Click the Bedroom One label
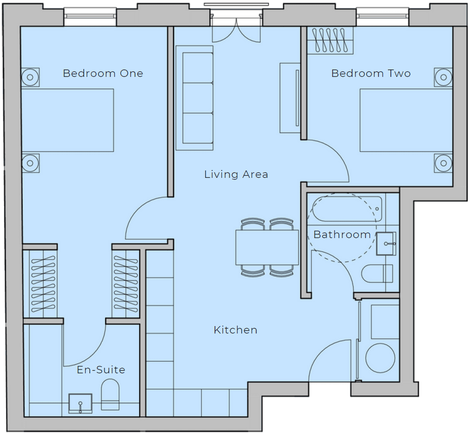point(103,73)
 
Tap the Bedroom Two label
point(371,73)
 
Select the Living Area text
point(236,174)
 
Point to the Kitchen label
point(235,330)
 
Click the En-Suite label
point(101,370)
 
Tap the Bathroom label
point(342,234)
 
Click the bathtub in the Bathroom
point(347,209)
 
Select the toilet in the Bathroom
point(377,273)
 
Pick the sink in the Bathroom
point(386,244)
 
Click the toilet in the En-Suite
point(110,394)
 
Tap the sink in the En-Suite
point(80,403)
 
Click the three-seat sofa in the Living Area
point(195,98)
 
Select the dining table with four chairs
point(267,247)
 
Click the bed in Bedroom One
point(68,120)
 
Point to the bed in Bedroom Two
point(406,120)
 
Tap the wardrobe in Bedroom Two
point(330,41)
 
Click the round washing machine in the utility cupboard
point(380,358)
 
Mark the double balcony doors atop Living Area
point(236,30)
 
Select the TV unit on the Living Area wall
point(290,98)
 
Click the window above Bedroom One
point(90,17)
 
